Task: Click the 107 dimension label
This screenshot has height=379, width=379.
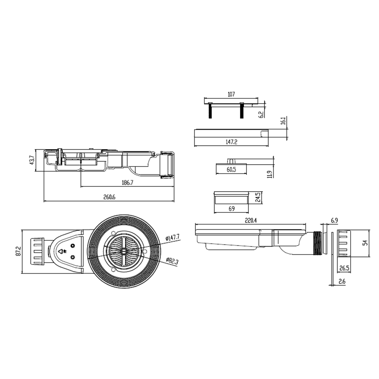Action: (231, 94)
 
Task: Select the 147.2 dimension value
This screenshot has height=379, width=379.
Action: (231, 142)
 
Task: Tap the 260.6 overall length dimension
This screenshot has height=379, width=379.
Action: (109, 197)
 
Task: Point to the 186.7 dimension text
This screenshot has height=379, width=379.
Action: (127, 183)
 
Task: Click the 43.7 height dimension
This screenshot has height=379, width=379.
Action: (32, 160)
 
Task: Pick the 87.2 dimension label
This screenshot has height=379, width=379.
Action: (19, 251)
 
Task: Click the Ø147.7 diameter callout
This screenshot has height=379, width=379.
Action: (172, 238)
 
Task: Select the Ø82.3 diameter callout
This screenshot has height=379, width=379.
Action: (172, 261)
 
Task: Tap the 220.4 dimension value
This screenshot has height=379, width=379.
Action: (251, 220)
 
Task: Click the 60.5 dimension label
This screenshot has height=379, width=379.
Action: (231, 170)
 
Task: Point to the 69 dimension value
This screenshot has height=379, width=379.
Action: (231, 208)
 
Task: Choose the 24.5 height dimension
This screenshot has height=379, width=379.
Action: (258, 198)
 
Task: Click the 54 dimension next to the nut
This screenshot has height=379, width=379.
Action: (366, 243)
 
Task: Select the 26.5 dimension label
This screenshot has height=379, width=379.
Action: (344, 268)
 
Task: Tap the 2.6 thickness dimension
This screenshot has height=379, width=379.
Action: (342, 281)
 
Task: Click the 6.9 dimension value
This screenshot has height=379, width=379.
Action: (334, 220)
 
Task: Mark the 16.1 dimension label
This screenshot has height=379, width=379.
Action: (283, 120)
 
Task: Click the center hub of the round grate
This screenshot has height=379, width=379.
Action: (123, 251)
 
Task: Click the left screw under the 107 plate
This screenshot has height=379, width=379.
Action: (210, 110)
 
